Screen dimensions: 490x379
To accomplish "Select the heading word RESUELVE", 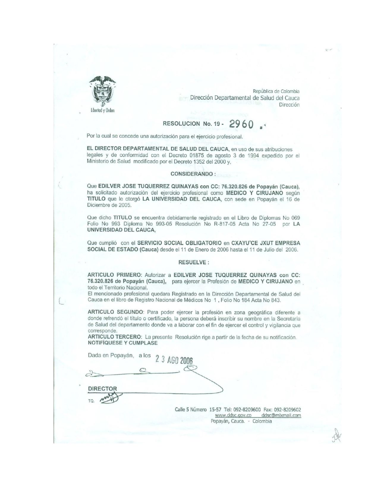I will point(192,263).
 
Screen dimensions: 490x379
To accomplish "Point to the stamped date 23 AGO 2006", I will point(174,360).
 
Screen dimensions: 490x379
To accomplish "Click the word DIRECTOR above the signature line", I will point(103,388).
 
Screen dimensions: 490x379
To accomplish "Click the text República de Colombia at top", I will point(276,91).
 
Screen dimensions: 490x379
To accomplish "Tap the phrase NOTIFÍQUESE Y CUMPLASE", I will point(122,342).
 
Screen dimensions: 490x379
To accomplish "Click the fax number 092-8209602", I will point(288,410).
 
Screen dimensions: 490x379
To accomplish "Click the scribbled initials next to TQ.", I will point(109,398).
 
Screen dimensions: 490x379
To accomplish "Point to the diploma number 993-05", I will point(155,224).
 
